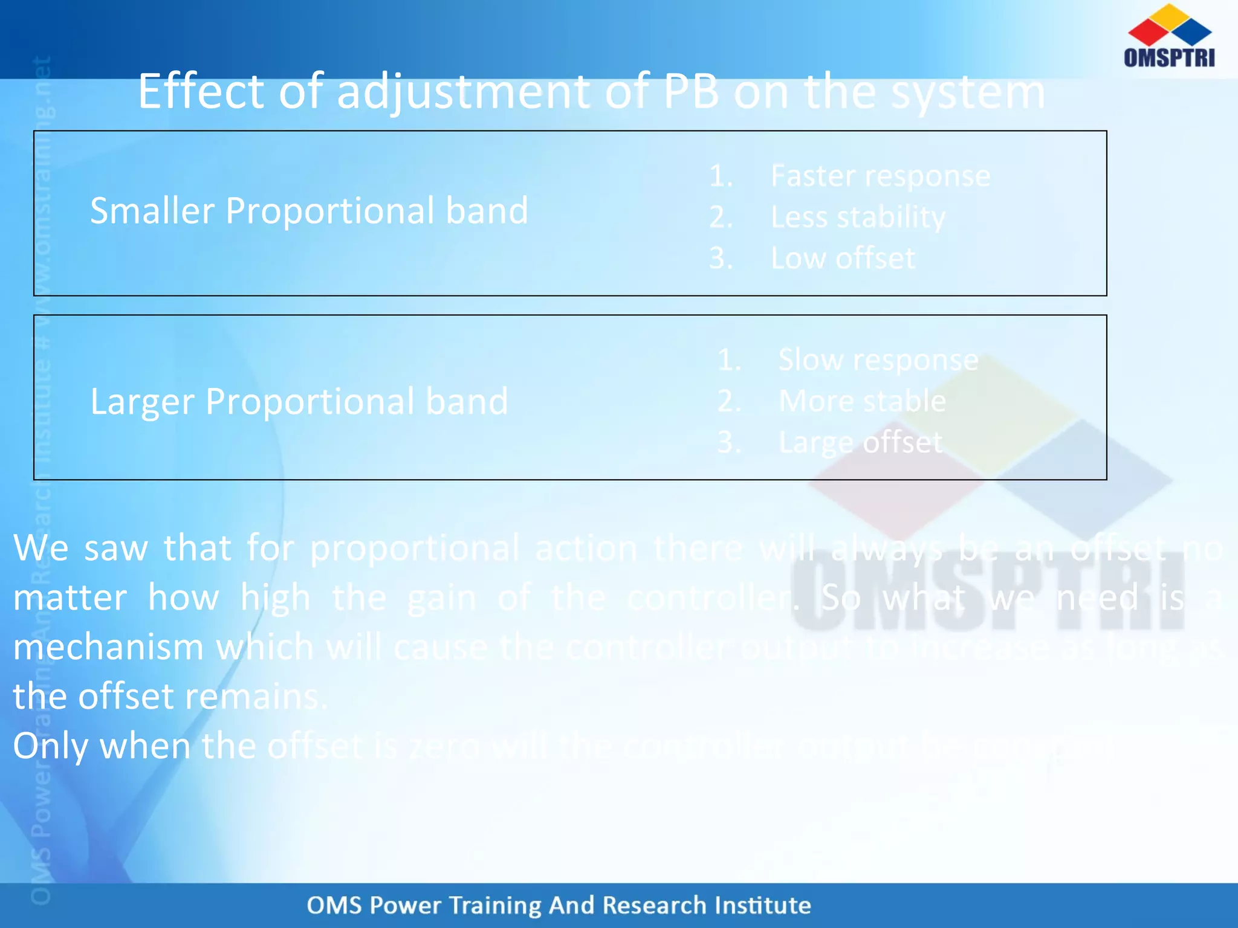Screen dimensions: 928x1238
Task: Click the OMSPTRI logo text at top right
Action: click(1169, 57)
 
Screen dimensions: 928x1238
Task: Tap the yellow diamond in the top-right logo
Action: click(1170, 17)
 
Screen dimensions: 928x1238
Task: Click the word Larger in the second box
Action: click(142, 402)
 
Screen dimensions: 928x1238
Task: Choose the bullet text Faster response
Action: click(880, 176)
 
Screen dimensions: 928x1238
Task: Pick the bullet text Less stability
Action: click(858, 217)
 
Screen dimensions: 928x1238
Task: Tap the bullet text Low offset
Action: click(843, 258)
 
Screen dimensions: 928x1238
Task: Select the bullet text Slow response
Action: click(878, 360)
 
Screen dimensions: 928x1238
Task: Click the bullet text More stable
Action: click(862, 401)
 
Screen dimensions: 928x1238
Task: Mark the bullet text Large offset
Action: click(860, 442)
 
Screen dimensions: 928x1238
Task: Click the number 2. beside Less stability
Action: click(721, 217)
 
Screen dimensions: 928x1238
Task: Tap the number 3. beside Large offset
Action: click(729, 442)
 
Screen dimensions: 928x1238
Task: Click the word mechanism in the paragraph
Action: click(108, 647)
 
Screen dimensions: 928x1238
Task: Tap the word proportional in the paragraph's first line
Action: click(414, 549)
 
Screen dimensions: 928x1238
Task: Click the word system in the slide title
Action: click(968, 92)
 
